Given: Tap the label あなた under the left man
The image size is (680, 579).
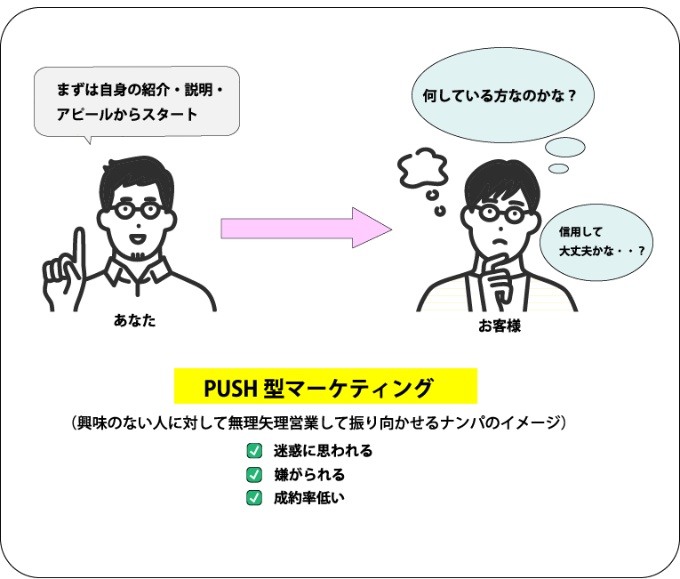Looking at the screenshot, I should coord(134,320).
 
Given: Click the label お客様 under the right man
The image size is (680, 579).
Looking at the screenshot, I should coord(499,326).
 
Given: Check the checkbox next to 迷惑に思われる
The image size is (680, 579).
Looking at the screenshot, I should coord(254,450).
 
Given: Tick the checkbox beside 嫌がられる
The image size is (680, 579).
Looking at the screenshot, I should coord(254,474).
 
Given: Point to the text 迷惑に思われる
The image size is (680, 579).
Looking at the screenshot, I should coord(323,450).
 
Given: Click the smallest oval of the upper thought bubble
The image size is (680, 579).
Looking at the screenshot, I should coord(558,168).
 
